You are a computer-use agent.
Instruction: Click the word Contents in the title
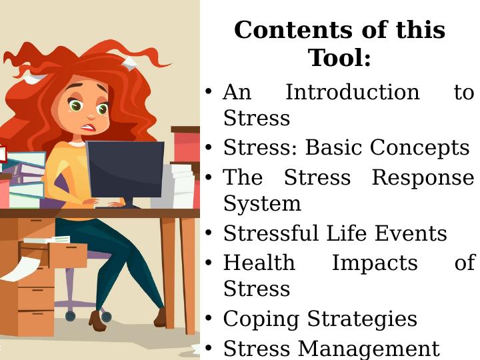point(280,30)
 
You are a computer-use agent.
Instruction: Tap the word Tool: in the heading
point(339,59)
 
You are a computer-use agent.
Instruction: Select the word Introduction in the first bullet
point(352,92)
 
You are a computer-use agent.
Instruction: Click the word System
point(262,203)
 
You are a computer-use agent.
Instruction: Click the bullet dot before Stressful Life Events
point(209,234)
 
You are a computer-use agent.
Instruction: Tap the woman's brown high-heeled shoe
point(98,321)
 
